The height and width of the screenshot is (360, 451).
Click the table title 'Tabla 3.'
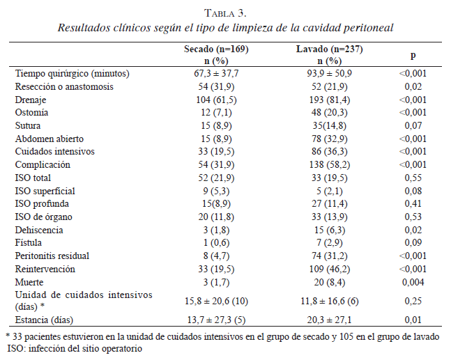(x=225, y=13)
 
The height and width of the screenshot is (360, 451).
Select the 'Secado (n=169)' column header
(x=216, y=50)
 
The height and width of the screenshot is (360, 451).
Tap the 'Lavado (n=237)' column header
(x=329, y=50)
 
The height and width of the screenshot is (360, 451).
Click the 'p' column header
(x=413, y=55)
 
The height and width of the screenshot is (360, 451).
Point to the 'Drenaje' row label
(x=31, y=100)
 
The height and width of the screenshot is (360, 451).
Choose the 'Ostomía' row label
(x=31, y=113)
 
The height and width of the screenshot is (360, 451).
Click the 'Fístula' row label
(x=29, y=243)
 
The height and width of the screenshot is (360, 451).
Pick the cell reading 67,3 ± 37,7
(x=216, y=73)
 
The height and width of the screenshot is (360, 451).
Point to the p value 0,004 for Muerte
(x=413, y=283)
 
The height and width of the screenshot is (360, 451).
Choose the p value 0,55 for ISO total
(x=413, y=178)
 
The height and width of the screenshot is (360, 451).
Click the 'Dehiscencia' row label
(x=39, y=230)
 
